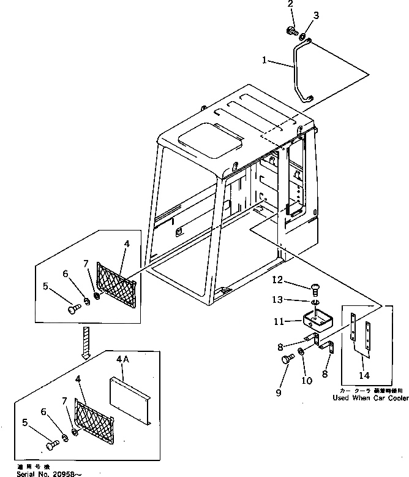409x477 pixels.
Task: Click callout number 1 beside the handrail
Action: (264, 60)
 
